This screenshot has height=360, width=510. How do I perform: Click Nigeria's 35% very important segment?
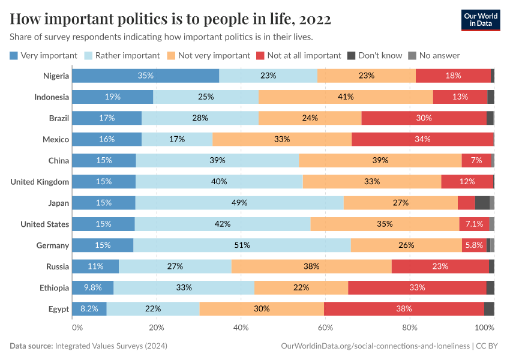tap(145, 76)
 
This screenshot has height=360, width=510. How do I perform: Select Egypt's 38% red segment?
tap(404, 309)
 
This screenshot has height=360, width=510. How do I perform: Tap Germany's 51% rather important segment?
tap(242, 245)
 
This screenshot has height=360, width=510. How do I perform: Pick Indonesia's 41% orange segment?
tap(346, 97)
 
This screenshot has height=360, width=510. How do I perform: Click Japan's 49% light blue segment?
tap(239, 203)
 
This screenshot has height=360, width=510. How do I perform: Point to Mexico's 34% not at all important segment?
tap(422, 139)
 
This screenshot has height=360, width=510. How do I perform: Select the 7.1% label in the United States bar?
tap(474, 224)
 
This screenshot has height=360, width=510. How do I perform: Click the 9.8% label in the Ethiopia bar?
tap(92, 287)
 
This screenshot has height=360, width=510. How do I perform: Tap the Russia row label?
tap(58, 266)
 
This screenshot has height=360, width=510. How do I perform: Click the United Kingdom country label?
tap(40, 182)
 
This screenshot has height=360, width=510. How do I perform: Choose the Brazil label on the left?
tap(59, 118)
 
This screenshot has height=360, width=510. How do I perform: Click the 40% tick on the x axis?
tap(241, 328)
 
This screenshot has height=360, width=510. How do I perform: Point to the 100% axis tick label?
tap(484, 328)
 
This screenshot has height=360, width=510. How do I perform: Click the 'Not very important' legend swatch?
tap(171, 55)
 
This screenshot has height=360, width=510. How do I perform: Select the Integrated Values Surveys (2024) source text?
tap(111, 346)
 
